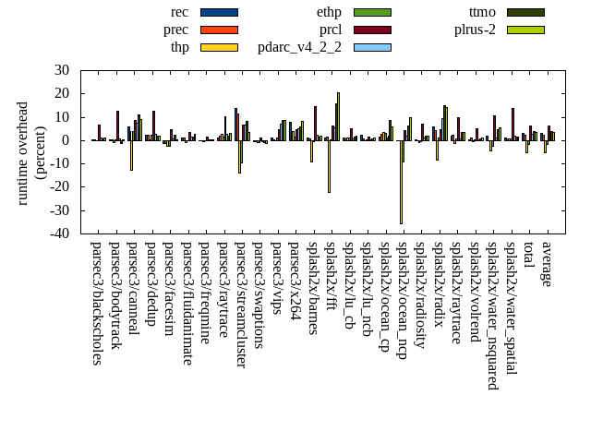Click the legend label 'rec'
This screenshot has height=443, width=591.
point(180,12)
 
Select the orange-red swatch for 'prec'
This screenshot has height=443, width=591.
point(219,30)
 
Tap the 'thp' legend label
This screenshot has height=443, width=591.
point(180,47)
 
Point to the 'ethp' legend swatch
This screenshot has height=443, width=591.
point(372,12)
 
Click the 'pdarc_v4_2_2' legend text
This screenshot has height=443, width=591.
point(299,47)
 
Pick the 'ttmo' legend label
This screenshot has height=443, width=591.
point(482,12)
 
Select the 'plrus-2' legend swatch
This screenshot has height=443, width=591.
point(525,30)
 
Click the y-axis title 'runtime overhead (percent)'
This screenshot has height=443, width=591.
point(31,152)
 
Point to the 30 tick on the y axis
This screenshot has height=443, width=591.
point(62,70)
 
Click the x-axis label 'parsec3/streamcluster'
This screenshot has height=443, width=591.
point(240,305)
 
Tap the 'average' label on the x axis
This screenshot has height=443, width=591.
point(546,264)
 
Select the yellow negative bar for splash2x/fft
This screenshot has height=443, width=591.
point(329,166)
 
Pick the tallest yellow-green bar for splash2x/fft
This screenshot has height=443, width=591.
point(338,116)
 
